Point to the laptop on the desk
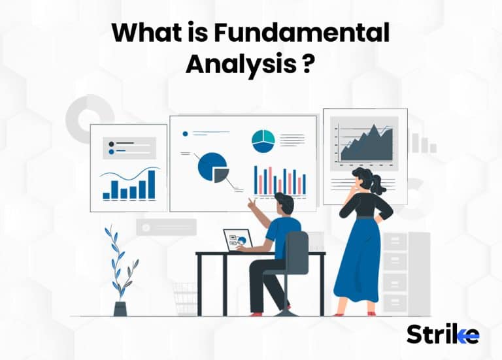coord(238,239)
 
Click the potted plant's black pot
coord(120,308)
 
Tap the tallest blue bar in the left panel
coord(152,184)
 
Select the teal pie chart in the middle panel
coord(263,140)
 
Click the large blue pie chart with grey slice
coord(212,167)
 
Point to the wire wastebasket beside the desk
coord(185,299)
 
